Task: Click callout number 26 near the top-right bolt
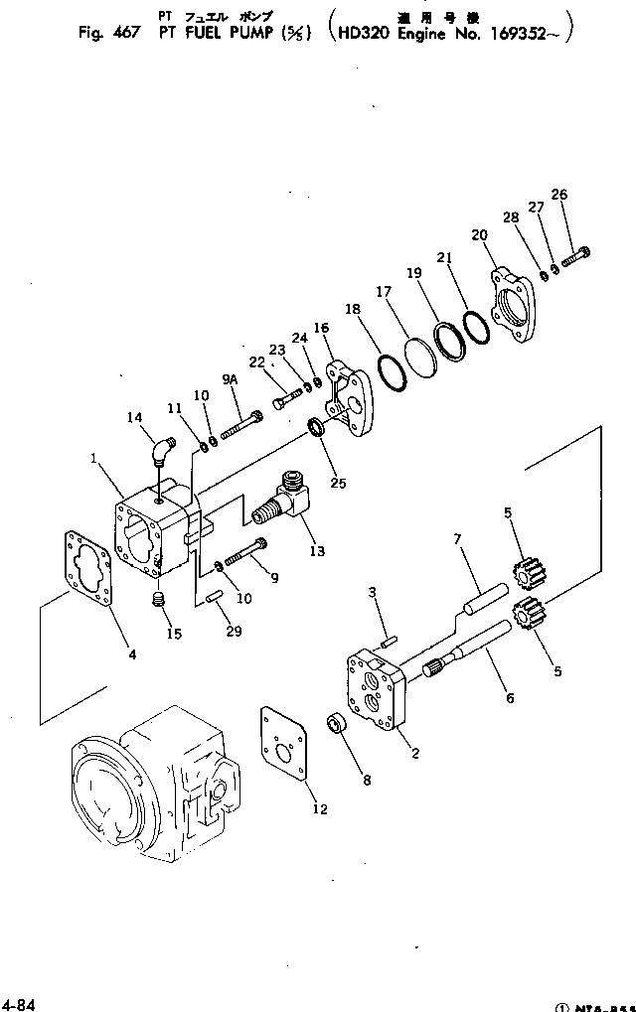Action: [559, 195]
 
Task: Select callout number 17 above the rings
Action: [384, 293]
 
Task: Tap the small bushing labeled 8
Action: [337, 722]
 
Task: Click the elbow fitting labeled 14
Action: [162, 447]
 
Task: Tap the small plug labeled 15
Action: [155, 601]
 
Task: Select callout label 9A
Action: [230, 378]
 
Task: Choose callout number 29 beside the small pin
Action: [233, 632]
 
